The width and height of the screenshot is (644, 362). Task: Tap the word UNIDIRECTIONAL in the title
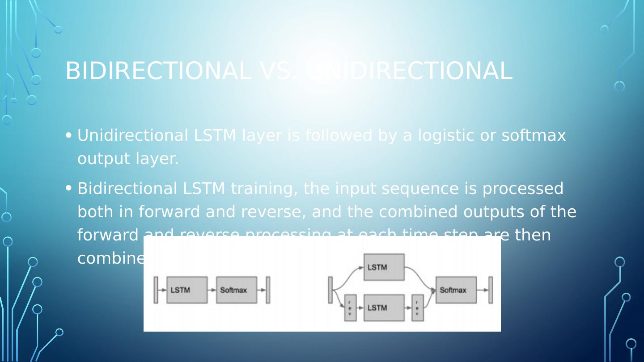[x=409, y=71]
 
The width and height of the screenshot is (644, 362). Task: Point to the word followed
[x=338, y=135]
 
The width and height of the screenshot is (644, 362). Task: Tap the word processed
[x=522, y=189]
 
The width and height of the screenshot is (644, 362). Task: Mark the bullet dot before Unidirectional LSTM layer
[x=68, y=135]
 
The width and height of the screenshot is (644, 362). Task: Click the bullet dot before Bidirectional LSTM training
[x=68, y=188]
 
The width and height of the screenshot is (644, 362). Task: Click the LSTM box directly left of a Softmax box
[x=187, y=290]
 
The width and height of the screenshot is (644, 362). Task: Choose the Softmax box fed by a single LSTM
[x=237, y=290]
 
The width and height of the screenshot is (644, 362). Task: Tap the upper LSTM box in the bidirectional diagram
[x=384, y=267]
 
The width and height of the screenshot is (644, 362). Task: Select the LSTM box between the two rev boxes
[x=384, y=308]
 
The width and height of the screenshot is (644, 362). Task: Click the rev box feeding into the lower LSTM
[x=350, y=308]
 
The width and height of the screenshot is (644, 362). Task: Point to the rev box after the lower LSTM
[x=417, y=308]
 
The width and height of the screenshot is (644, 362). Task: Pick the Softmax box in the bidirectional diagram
[x=456, y=290]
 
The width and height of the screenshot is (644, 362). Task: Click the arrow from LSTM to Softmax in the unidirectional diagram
[x=212, y=290]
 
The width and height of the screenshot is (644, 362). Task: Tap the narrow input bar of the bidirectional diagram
[x=330, y=290]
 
